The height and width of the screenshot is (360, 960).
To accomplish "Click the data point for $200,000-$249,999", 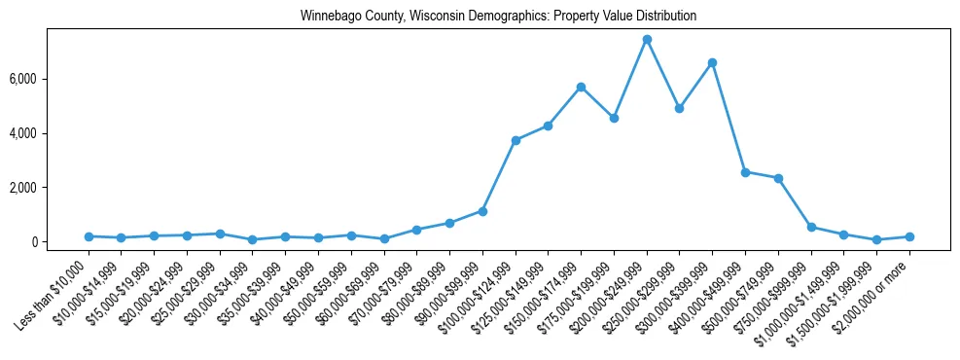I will [x=647, y=39].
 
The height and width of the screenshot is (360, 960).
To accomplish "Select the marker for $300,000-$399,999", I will [x=712, y=62].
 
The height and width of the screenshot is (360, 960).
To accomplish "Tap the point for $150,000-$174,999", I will [x=581, y=87].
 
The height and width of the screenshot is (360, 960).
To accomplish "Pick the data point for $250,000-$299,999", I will [x=679, y=108].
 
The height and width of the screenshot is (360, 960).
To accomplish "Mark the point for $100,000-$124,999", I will [x=516, y=140].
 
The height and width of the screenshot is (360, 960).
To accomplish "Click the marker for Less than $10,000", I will [x=89, y=236].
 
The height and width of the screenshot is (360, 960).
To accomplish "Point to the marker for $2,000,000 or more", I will [x=909, y=236].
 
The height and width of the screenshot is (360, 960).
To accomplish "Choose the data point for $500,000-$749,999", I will [x=778, y=178].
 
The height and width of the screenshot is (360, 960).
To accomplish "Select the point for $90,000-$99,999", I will [x=482, y=211].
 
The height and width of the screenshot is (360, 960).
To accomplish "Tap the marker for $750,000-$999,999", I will [x=811, y=227].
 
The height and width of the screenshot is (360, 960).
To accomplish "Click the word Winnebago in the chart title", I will [x=328, y=17].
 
